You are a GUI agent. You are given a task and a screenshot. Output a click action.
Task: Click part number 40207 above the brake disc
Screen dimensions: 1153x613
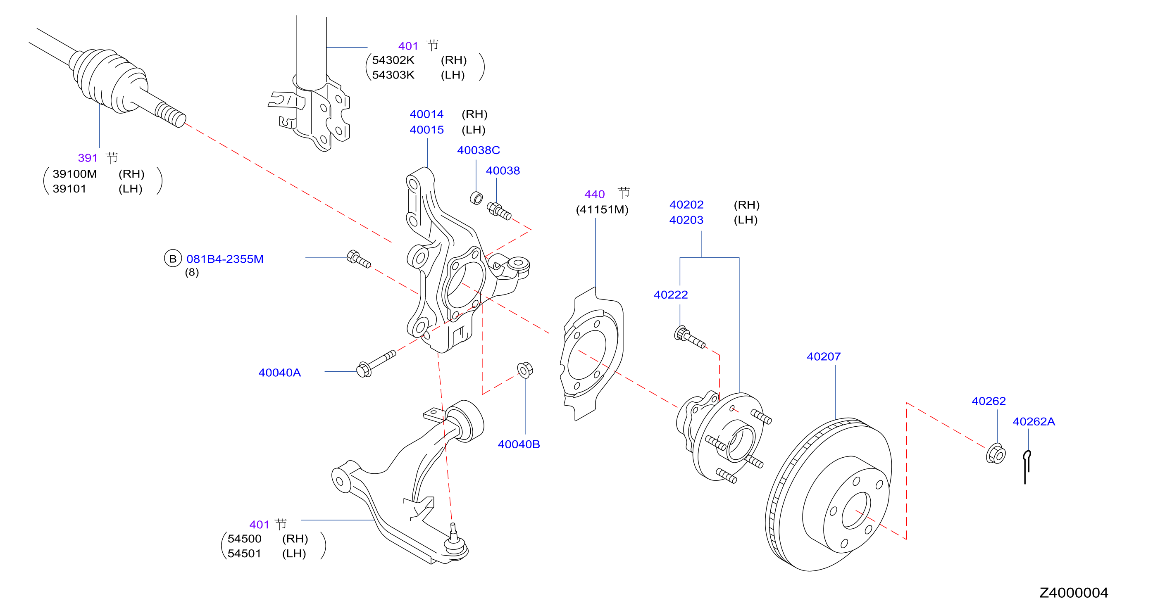(x=823, y=356)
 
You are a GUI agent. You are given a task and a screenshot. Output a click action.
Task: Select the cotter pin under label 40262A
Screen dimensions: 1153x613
(x=1027, y=467)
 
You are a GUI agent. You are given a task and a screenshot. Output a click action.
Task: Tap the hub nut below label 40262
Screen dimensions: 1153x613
(x=996, y=454)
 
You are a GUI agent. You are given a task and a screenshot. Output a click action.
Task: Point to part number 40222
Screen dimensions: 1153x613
(x=670, y=295)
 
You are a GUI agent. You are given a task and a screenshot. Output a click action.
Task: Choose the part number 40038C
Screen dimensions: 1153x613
(x=479, y=150)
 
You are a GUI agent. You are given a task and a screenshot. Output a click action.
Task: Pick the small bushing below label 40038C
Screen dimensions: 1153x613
(x=476, y=198)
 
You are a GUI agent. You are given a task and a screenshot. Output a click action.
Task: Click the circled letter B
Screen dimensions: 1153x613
(x=173, y=259)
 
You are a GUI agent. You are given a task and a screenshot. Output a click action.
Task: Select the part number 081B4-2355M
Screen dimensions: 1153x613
(x=225, y=259)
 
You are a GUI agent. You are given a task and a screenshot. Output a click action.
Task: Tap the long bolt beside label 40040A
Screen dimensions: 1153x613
(x=376, y=364)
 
